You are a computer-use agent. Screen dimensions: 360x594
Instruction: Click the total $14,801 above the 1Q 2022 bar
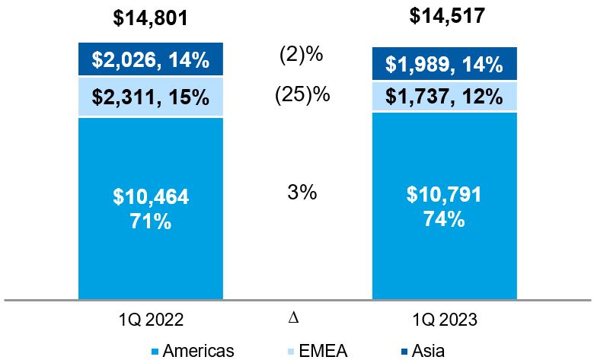pos(151,18)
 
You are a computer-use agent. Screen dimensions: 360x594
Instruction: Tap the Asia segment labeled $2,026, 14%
pos(151,59)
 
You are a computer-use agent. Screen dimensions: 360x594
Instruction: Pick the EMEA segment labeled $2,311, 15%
pos(151,97)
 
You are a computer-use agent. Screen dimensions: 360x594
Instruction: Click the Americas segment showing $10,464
pos(151,198)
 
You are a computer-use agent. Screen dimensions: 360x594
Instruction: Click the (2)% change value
pos(302,56)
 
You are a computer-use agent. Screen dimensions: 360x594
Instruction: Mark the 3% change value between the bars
pos(302,192)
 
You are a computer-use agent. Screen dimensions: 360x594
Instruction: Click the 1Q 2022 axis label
pos(151,320)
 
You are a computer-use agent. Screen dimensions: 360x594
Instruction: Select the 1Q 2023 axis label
pos(445,320)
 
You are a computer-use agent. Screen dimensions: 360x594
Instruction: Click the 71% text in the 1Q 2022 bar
pos(151,223)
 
